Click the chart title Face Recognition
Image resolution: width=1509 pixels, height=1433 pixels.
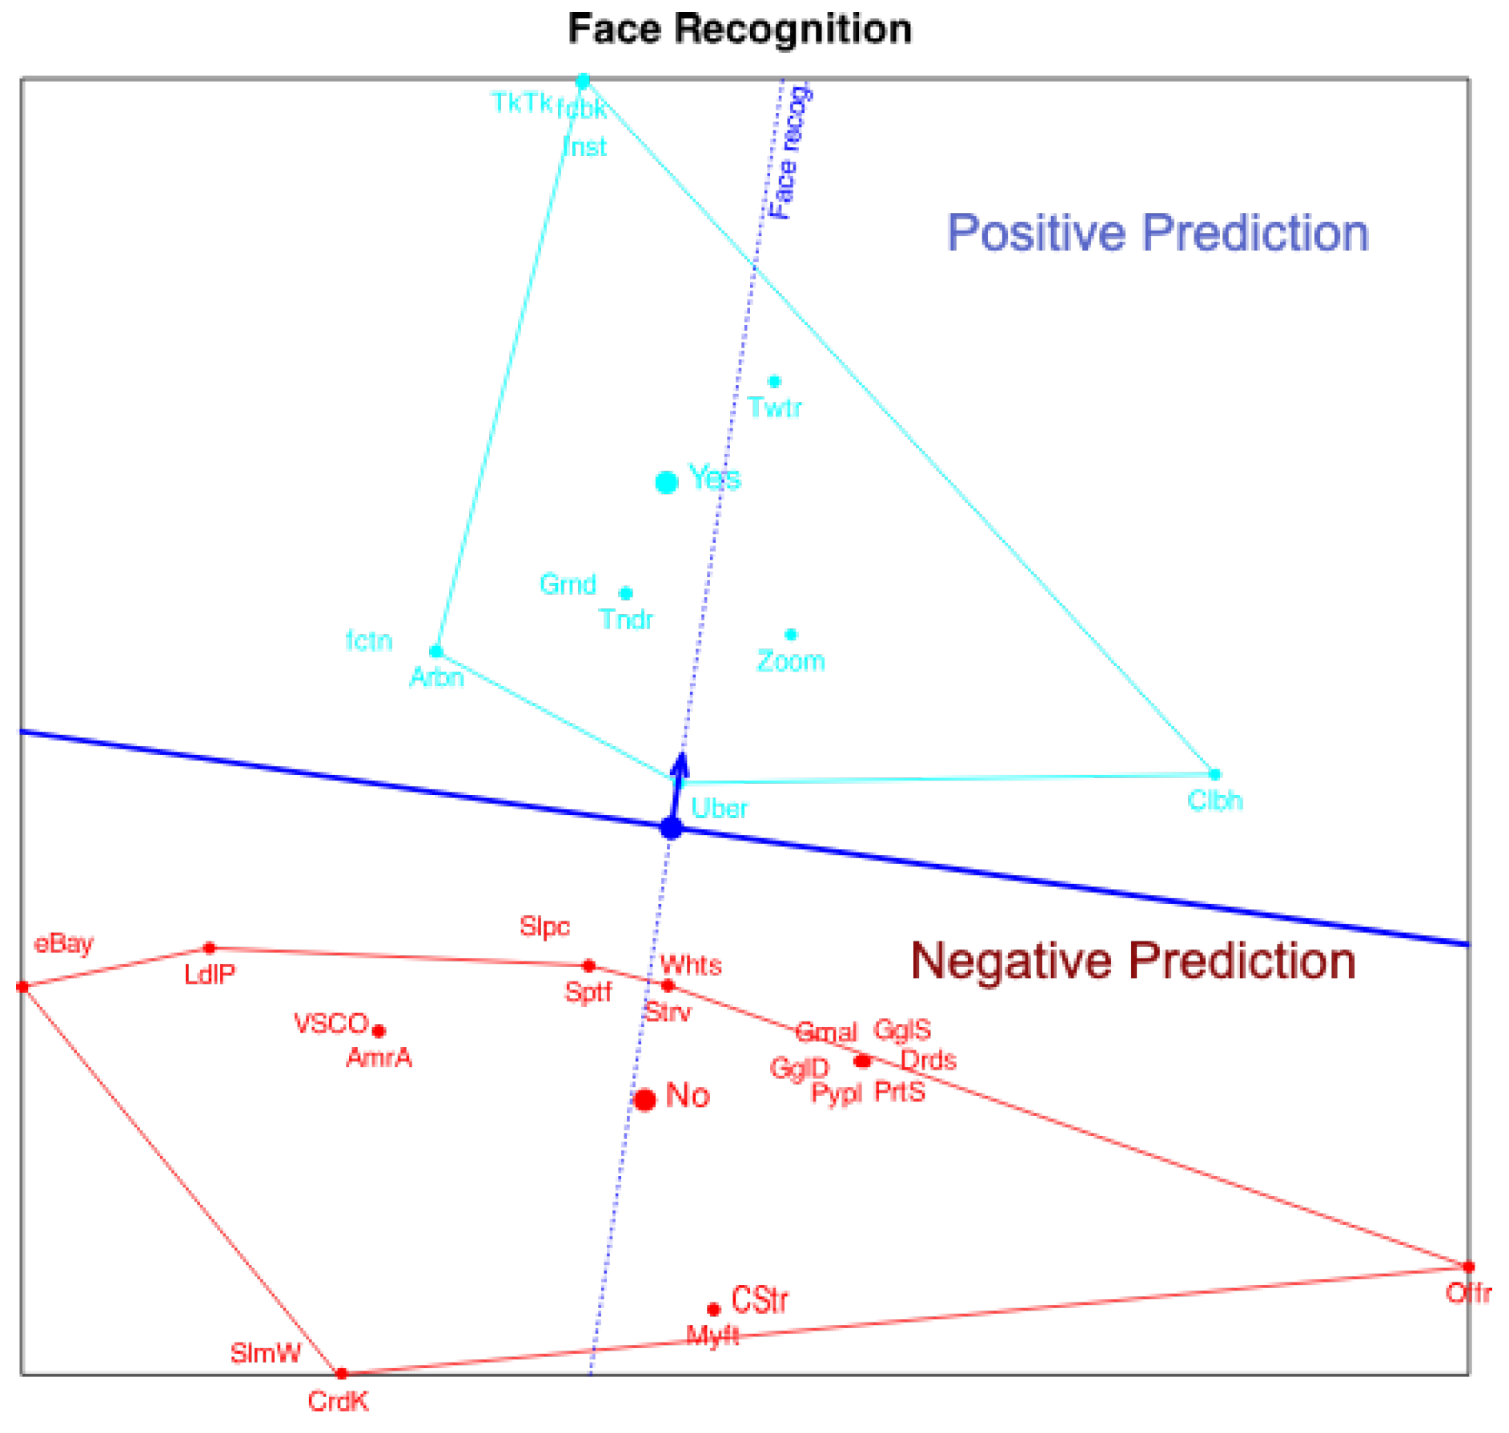(739, 30)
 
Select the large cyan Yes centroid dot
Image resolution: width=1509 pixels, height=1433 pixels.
(666, 482)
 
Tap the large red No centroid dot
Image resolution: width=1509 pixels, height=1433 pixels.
(644, 1099)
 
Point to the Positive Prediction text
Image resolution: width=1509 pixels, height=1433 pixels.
(1158, 233)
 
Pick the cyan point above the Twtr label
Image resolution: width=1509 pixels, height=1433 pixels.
(774, 382)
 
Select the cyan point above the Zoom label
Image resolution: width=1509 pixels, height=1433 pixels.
(791, 635)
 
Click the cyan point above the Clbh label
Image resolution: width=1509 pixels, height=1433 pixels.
(1214, 774)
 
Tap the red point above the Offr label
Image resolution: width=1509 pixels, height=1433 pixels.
(1467, 1266)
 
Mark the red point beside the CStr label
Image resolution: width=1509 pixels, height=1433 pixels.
(713, 1310)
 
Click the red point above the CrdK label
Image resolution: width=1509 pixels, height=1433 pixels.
(341, 1374)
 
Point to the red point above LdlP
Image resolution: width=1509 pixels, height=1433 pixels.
(210, 948)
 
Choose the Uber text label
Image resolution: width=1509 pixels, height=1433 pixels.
(719, 809)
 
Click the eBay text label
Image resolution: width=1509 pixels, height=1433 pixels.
(64, 944)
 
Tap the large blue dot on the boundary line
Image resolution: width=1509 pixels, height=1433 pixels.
(671, 829)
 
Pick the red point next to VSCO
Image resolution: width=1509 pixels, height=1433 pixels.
(379, 1031)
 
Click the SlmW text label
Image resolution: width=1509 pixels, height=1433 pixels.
(265, 1353)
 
